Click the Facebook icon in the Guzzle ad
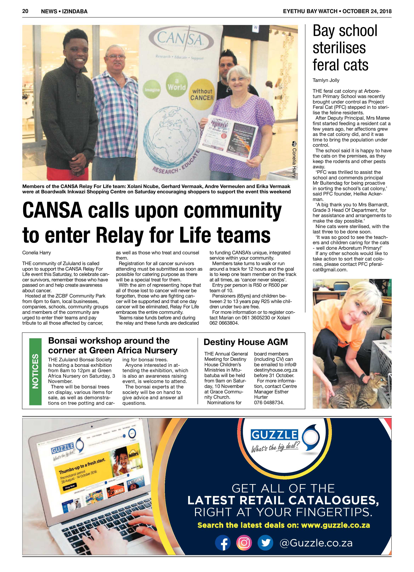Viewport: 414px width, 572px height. [x=223, y=543]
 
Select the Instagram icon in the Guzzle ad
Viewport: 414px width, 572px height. [x=244, y=543]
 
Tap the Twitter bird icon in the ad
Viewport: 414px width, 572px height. [x=265, y=543]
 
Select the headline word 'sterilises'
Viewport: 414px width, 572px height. [x=339, y=48]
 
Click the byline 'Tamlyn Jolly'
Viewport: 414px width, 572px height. [x=326, y=80]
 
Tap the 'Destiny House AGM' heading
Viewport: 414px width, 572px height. [x=245, y=342]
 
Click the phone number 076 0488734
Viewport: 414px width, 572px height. [x=269, y=403]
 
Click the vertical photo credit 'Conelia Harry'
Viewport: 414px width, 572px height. [x=294, y=161]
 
